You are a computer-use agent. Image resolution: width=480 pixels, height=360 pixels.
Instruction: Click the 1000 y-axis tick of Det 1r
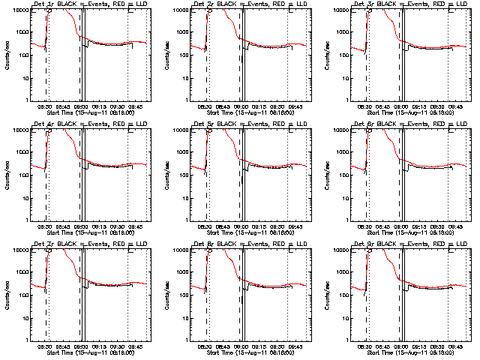tap(19, 32)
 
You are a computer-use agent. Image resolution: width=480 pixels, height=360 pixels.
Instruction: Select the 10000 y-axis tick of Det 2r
tap(178, 10)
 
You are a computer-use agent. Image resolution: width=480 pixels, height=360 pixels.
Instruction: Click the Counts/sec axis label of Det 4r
tap(6, 175)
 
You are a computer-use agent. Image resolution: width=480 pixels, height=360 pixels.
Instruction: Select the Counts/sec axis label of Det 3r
tap(325, 55)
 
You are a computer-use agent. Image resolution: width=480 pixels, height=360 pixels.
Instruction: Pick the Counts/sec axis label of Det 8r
tap(166, 295)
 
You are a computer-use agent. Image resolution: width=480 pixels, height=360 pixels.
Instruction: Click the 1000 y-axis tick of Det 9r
tap(339, 272)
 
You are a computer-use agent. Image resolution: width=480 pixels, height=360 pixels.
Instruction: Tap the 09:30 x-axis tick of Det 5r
tap(277, 226)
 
